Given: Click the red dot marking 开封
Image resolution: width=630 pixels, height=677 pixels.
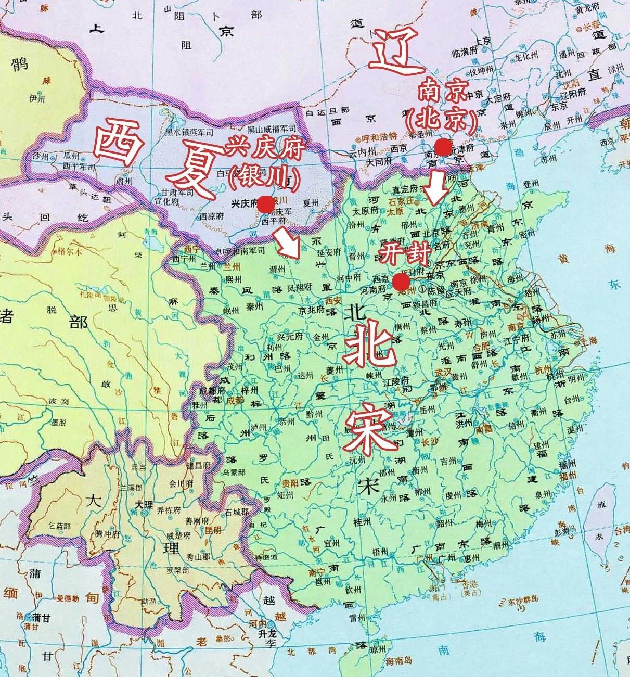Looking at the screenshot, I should (401, 282).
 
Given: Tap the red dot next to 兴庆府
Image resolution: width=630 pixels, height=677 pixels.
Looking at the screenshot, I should (266, 204).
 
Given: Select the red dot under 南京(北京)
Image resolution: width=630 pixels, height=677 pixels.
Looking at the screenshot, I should (443, 148).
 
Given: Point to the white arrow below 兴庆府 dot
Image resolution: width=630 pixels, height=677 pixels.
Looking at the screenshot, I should (288, 245).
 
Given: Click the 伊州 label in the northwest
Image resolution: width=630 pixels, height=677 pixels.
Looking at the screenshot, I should (37, 98).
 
